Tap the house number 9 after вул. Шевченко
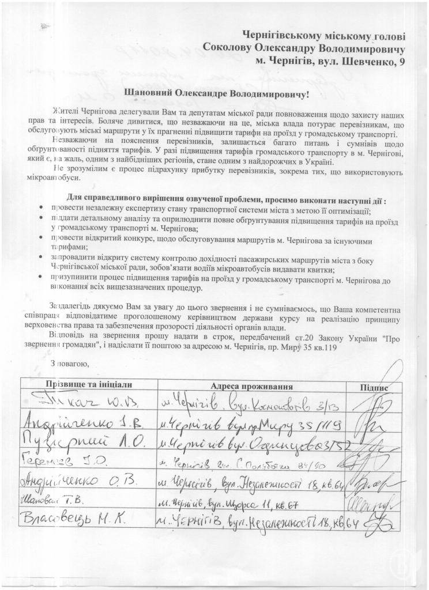pos(402,60)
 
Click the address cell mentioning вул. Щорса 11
pos(228,504)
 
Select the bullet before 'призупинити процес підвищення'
pos(40,277)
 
